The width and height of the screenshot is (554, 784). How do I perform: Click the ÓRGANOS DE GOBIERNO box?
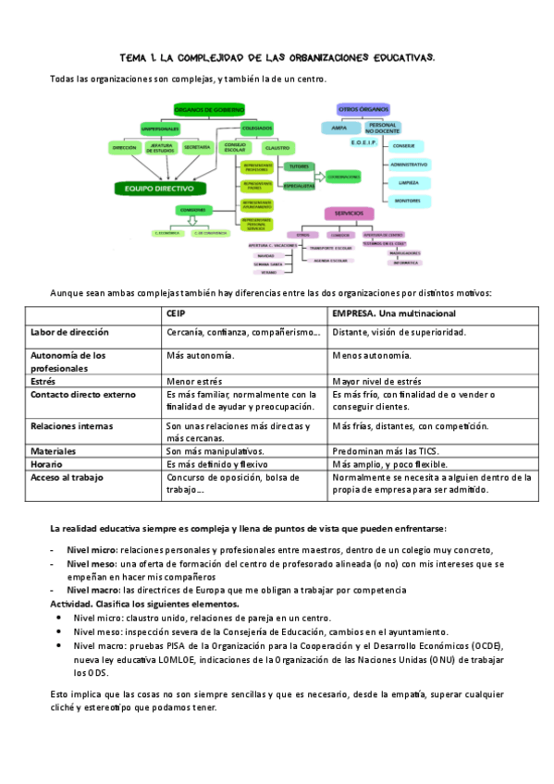(209, 109)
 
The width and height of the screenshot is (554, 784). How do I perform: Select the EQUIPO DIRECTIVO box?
(159, 188)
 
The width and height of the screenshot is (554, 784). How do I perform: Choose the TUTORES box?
(299, 166)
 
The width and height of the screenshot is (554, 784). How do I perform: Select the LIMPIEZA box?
(408, 182)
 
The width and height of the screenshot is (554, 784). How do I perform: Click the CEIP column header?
(176, 313)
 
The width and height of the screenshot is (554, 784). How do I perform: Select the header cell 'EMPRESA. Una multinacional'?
(388, 313)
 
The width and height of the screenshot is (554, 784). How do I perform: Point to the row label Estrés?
(43, 380)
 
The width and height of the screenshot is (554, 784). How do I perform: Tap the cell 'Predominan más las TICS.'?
(383, 450)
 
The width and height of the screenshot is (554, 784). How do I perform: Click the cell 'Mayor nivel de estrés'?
(376, 380)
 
